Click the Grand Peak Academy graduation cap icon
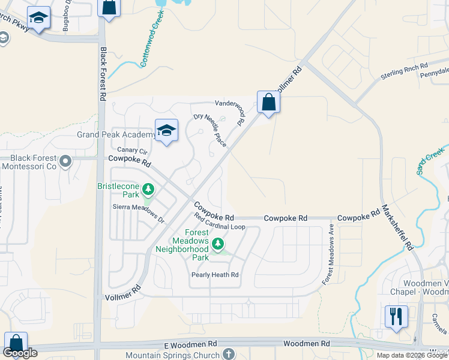click(x=166, y=130)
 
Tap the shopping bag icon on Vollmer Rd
click(x=268, y=102)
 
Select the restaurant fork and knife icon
click(x=396, y=316)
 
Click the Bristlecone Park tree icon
click(x=148, y=191)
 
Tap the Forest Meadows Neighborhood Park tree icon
click(x=218, y=244)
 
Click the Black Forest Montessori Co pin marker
click(x=66, y=161)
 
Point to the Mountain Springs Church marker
click(x=228, y=354)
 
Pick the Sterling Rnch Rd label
click(x=404, y=71)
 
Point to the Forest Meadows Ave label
click(x=331, y=247)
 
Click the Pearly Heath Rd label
click(x=215, y=275)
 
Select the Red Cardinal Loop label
click(x=220, y=227)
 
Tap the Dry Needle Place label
click(x=209, y=130)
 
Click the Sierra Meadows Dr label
click(x=138, y=213)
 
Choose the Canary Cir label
click(x=131, y=150)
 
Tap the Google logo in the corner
click(x=20, y=353)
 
